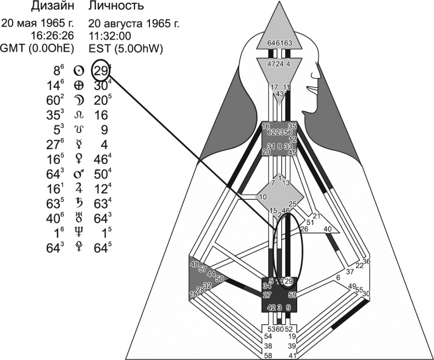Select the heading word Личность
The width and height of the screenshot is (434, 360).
click(116, 7)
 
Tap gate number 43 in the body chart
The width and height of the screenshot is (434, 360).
click(280, 94)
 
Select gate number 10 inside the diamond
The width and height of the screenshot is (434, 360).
click(263, 197)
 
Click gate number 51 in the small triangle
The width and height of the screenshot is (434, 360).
click(310, 222)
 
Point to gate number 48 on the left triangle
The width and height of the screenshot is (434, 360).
click(194, 265)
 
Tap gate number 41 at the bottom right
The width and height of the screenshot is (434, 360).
click(292, 356)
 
